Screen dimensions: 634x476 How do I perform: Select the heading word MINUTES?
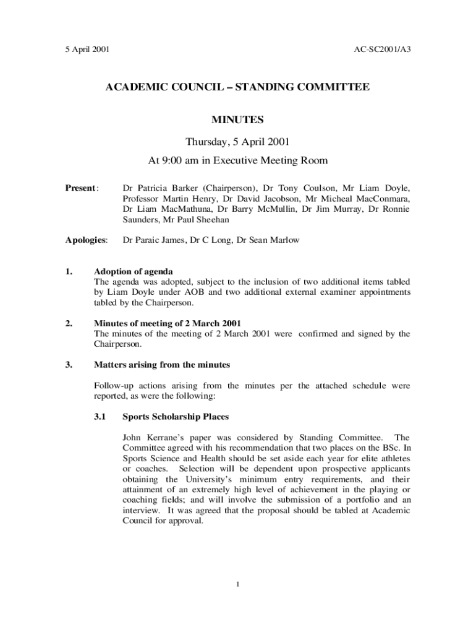pyautogui.click(x=237, y=119)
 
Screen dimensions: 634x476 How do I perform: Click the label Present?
pyautogui.click(x=81, y=188)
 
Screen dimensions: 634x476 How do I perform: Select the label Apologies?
pyautogui.click(x=87, y=240)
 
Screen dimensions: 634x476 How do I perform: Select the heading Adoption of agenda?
pyautogui.click(x=133, y=271)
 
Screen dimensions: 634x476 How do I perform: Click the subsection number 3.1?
pyautogui.click(x=100, y=417)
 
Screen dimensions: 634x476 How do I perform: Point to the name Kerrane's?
pyautogui.click(x=166, y=438)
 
